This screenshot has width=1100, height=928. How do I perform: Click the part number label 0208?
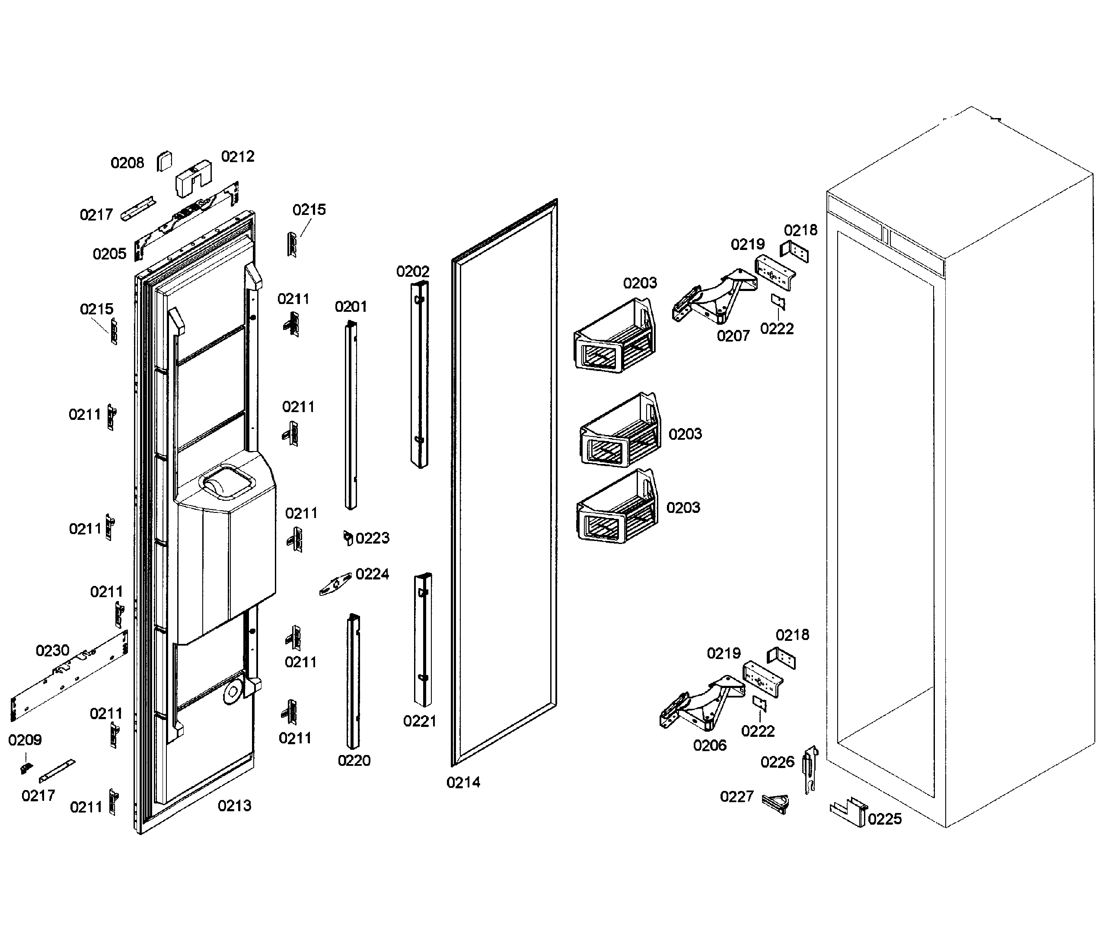[x=127, y=163]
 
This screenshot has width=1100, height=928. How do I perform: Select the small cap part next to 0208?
[x=165, y=161]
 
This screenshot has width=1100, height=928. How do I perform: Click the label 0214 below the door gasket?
[x=463, y=783]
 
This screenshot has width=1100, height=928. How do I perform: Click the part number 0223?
[x=372, y=538]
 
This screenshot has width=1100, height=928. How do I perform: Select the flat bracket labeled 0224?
[x=335, y=584]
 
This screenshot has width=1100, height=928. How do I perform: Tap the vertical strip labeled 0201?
[x=351, y=416]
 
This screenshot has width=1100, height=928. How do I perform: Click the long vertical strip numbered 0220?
[x=353, y=681]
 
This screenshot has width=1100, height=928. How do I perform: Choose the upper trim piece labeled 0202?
[x=420, y=374]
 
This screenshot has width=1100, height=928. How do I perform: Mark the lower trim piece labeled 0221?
[x=423, y=639]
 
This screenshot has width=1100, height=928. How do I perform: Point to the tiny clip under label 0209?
[x=25, y=768]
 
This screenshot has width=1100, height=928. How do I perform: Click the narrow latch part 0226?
[x=810, y=768]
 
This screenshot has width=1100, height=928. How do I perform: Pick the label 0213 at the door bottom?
[x=235, y=806]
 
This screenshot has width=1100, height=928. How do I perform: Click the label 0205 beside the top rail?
[x=109, y=254]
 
